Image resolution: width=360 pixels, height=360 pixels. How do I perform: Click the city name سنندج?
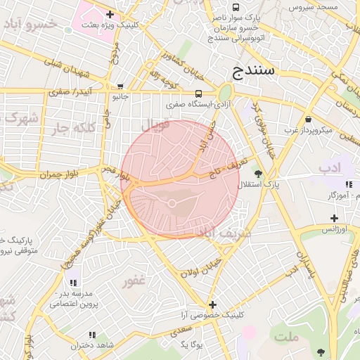256,70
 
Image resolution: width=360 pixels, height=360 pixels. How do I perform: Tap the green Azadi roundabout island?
225,92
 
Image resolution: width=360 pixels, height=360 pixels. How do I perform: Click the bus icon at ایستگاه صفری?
198,94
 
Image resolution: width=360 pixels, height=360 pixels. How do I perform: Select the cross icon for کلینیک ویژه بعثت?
110,14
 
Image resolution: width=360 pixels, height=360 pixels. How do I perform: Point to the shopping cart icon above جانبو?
120,86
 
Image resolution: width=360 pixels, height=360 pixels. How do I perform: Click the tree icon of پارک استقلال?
258,173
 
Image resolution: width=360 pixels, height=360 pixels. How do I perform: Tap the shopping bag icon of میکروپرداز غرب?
308,120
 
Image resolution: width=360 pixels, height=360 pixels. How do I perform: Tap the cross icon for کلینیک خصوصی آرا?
212,304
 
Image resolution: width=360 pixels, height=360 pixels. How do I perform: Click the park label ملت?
287,337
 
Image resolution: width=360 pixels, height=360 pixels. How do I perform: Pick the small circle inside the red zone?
172,204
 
